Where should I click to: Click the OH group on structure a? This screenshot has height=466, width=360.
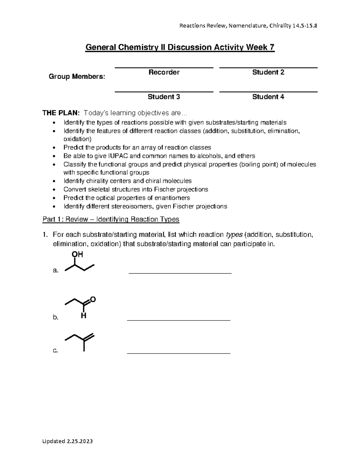point(77,254)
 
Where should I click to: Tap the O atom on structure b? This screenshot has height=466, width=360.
point(93,299)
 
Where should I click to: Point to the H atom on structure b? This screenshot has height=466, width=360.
point(84,316)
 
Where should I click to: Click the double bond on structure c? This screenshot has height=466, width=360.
point(89,337)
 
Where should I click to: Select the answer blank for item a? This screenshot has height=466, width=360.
point(180,273)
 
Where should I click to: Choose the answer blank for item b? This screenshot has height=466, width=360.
point(179,320)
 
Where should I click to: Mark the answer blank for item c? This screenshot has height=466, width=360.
point(179,353)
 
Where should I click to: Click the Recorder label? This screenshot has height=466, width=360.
point(164,72)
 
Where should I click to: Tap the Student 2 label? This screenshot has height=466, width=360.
point(268,72)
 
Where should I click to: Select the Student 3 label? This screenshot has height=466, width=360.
point(164,97)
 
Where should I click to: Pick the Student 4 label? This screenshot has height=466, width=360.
point(268,97)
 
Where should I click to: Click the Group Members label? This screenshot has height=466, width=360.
point(77,77)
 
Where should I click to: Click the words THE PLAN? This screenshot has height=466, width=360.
point(61,113)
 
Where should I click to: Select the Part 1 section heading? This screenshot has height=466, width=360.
point(111,219)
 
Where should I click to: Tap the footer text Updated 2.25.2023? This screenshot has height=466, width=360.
point(67,441)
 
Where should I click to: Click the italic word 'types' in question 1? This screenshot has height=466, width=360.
point(234,235)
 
